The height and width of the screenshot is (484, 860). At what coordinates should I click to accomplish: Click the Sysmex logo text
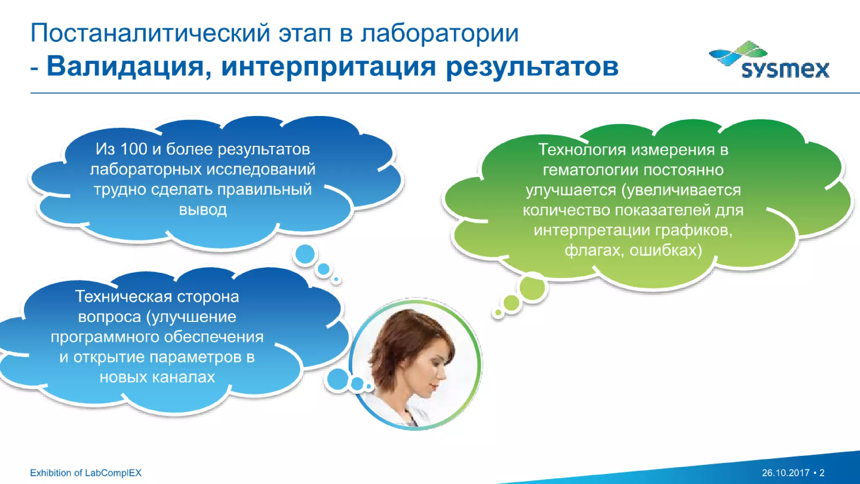pyautogui.click(x=785, y=69)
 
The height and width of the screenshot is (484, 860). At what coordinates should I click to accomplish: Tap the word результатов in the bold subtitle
pyautogui.click(x=532, y=66)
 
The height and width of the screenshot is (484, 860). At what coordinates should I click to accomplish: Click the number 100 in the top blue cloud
pyautogui.click(x=134, y=149)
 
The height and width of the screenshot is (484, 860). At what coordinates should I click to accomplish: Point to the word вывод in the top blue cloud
pyautogui.click(x=203, y=209)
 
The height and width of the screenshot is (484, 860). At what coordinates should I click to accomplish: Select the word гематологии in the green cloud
pyautogui.click(x=590, y=170)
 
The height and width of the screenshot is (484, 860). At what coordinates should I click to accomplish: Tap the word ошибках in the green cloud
pyautogui.click(x=665, y=250)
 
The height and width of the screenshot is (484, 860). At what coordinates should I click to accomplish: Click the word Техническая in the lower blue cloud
pyautogui.click(x=123, y=297)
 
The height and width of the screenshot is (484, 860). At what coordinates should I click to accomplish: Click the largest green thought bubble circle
pyautogui.click(x=532, y=288)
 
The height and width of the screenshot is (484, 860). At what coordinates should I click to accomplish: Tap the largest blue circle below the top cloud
pyautogui.click(x=305, y=254)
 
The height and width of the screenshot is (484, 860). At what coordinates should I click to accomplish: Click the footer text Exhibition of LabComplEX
pyautogui.click(x=86, y=473)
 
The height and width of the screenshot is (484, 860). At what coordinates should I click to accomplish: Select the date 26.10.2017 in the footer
pyautogui.click(x=785, y=473)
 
